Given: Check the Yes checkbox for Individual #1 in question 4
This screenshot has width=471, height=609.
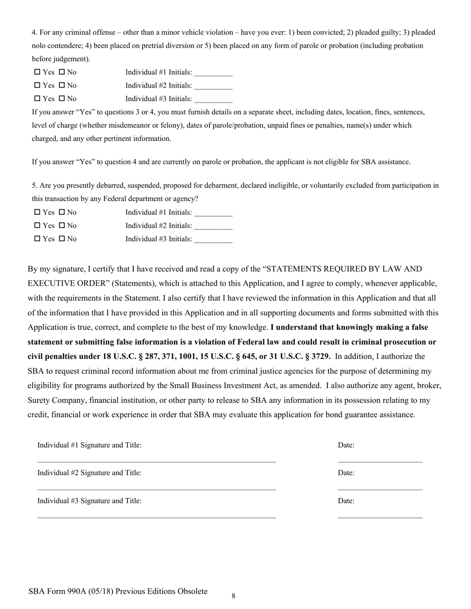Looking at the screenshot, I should point(37,72).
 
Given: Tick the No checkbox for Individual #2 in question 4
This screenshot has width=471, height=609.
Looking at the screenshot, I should point(61,86).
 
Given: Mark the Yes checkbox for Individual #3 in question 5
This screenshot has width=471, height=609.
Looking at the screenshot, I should point(37,239).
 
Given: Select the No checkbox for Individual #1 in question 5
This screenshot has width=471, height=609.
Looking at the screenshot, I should point(61,212).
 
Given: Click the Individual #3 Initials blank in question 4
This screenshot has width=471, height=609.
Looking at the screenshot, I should point(213,100).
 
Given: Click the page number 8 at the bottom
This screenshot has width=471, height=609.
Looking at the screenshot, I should point(234,596).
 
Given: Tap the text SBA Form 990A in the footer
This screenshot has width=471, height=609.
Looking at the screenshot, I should point(55,591).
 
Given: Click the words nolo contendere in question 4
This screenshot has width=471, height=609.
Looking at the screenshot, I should point(55,46).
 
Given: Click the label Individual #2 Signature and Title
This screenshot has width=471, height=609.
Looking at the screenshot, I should point(89,473).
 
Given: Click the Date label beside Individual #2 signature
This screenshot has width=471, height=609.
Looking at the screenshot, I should point(346,473).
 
